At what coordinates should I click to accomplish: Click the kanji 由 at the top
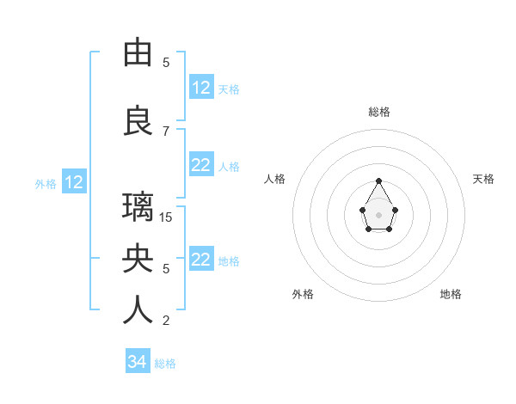(x=138, y=53)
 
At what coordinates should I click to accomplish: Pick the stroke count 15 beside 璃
(x=167, y=217)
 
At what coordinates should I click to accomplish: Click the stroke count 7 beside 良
(x=166, y=131)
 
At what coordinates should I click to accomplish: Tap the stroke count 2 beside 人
(x=166, y=321)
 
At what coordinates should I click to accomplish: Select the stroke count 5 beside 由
(x=166, y=62)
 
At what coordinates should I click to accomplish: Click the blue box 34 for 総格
(x=137, y=362)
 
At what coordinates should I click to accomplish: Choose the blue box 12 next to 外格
(x=74, y=182)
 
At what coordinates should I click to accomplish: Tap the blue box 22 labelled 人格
(x=201, y=165)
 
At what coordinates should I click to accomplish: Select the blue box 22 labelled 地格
(x=201, y=260)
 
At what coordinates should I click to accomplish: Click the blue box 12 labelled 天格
(x=201, y=88)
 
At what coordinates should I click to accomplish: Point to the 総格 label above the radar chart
(x=379, y=112)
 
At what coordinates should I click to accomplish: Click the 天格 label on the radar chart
(x=483, y=179)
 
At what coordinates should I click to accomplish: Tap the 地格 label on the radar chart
(x=451, y=294)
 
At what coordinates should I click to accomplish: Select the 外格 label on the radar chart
(x=303, y=294)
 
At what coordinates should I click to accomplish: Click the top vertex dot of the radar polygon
(x=378, y=181)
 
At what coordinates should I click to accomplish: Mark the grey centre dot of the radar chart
(x=378, y=213)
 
